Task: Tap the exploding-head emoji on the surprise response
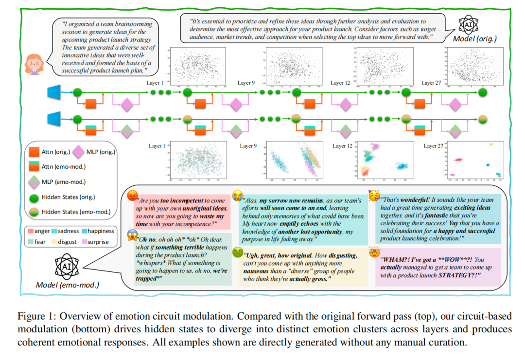(x=374, y=252)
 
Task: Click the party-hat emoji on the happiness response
(x=374, y=196)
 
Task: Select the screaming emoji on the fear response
(x=132, y=234)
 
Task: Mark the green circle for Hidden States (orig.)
(x=35, y=198)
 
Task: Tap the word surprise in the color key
(x=98, y=241)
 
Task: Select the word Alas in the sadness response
(x=251, y=200)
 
